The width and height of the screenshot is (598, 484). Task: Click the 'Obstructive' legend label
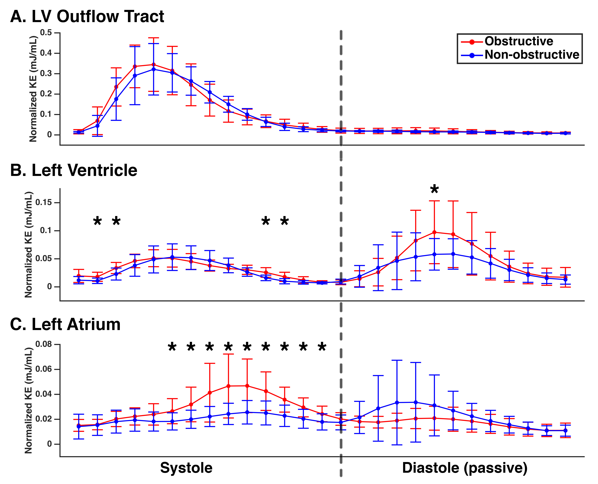coord(519,41)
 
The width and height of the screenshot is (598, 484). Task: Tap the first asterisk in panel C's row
coord(172,347)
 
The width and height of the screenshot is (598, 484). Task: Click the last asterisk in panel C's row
coord(322,347)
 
